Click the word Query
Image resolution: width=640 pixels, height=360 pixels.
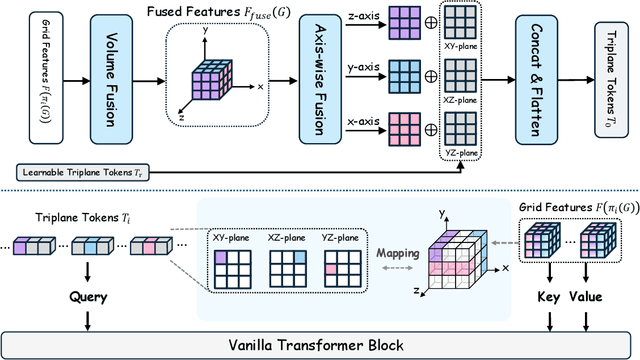pyautogui.click(x=88, y=296)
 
